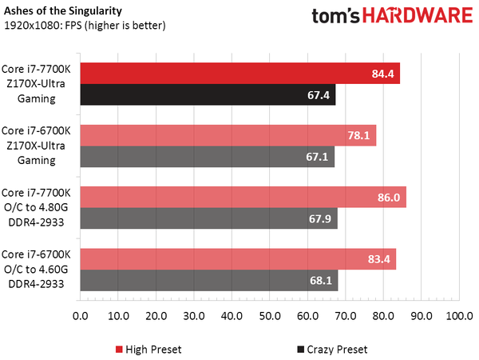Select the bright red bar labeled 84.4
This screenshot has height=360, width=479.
239,74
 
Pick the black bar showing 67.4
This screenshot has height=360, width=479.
208,95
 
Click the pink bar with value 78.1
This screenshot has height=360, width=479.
228,135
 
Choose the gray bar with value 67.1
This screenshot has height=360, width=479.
207,157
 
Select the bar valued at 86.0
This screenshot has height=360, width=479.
243,197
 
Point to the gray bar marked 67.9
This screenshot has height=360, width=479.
208,218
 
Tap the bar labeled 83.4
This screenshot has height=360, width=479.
238,258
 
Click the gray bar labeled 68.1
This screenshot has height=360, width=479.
209,280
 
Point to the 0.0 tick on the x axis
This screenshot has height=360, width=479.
80,316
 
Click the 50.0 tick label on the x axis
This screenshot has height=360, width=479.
269,316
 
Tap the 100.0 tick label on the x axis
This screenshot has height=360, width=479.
458,316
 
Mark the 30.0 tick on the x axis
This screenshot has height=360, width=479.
194,316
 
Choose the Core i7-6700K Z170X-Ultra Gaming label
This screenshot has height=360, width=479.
39,145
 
